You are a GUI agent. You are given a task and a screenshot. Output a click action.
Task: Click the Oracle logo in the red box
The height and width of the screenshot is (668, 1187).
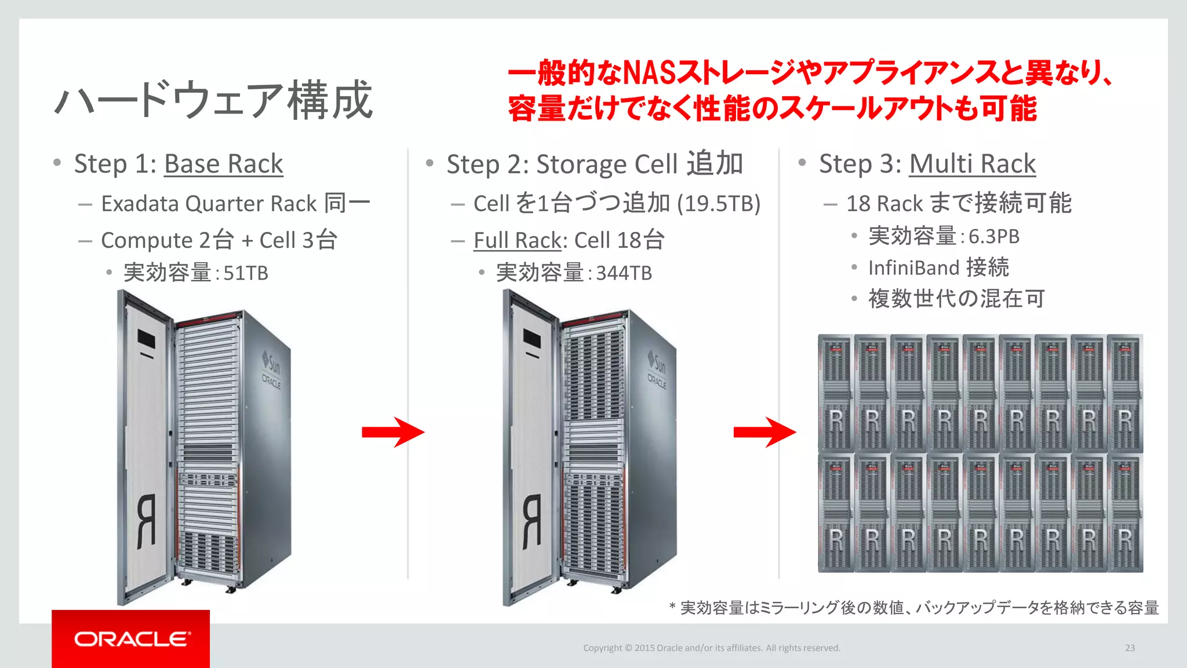pos(132,639)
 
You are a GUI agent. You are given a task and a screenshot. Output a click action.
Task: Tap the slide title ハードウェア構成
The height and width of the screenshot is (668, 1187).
pos(213,100)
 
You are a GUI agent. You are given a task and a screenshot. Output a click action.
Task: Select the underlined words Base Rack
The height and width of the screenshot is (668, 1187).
pos(224,164)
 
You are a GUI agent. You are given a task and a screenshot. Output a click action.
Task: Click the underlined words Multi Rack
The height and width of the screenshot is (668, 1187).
pos(972,164)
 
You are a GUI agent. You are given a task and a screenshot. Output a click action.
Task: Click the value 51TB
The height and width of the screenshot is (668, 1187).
pos(246,273)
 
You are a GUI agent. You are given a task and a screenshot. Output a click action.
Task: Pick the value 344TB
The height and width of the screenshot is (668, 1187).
pos(624,273)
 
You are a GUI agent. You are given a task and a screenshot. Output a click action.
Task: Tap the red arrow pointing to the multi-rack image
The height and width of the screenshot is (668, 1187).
pos(764,432)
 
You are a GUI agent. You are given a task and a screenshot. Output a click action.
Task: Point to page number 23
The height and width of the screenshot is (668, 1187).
pos(1130,648)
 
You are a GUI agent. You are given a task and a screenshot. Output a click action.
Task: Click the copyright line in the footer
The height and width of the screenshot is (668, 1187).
pos(711,648)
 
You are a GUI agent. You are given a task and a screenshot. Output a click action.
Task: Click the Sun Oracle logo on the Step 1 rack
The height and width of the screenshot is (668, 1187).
pos(271,371)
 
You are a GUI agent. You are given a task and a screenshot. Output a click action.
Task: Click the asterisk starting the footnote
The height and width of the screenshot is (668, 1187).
pos(672,607)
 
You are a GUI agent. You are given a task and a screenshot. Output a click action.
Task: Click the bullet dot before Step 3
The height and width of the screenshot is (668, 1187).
pos(802,162)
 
